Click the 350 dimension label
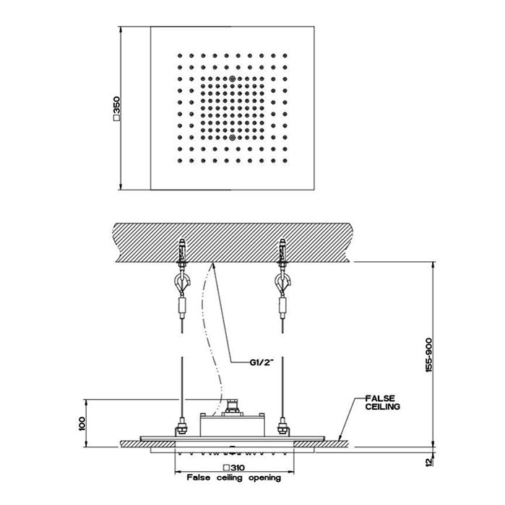tap(116, 108)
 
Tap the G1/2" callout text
tap(262, 362)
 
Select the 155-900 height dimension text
tap(428, 355)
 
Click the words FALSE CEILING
tap(382, 403)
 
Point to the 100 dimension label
tap(81, 423)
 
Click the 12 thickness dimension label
tap(428, 462)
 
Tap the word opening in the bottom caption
tap(264, 478)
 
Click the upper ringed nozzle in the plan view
tap(232, 78)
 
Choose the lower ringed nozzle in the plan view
tap(232, 138)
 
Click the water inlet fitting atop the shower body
tap(232, 407)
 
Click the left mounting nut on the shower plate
tap(181, 429)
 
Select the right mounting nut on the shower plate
tap(283, 429)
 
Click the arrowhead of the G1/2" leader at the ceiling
tap(212, 265)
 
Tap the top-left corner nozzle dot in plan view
tap(180, 56)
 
